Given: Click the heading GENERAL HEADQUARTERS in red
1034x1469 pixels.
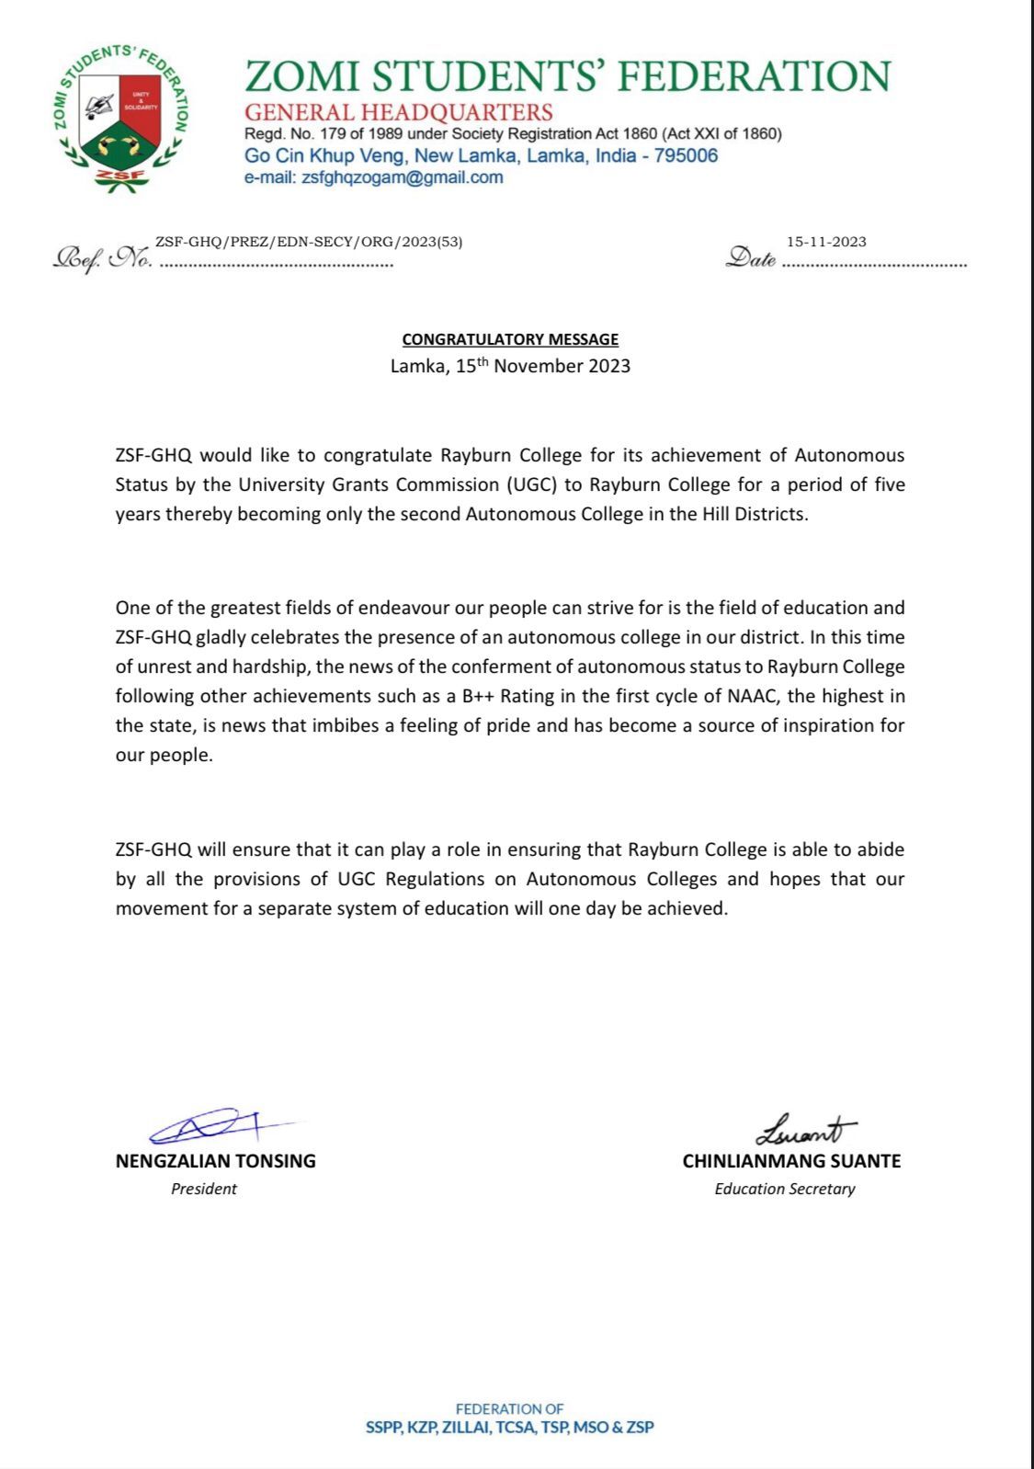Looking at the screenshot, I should coord(398,112).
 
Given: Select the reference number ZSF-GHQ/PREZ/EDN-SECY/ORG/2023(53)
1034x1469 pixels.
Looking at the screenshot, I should coord(309,242).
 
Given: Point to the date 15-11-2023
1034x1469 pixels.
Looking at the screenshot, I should coord(826,242).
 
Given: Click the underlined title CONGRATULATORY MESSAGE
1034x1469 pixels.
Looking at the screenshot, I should coord(510,339).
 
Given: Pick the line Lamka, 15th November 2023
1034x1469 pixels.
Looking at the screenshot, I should coord(510,366).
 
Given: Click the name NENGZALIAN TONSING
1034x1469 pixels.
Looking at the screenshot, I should coord(216,1161).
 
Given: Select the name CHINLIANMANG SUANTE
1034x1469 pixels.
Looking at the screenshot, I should coord(791,1161).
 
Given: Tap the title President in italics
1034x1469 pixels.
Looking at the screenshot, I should coord(204,1189).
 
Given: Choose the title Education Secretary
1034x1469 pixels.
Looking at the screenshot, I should coord(785,1189).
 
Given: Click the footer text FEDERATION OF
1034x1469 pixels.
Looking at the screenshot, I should coord(509,1408).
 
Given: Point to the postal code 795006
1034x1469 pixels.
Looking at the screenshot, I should coord(686,155).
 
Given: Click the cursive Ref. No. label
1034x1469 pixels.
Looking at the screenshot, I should coord(103,258).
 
